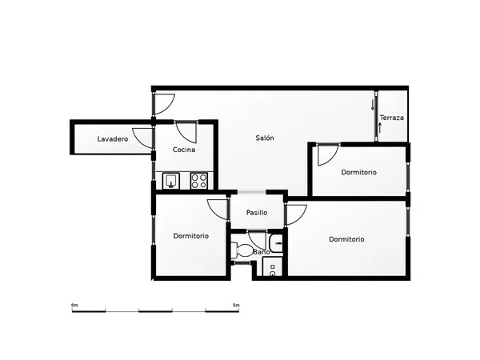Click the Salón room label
(265, 138)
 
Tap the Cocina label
(184, 150)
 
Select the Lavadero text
(113, 139)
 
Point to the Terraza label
(392, 118)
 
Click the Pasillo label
(257, 213)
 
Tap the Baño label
(262, 252)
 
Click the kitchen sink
(171, 181)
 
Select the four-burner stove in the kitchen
(199, 181)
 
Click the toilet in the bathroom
(242, 250)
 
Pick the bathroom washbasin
(276, 243)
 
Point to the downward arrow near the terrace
(373, 105)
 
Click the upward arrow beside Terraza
(380, 128)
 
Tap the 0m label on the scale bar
(74, 306)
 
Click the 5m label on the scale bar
(236, 306)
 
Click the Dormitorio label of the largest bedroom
(346, 239)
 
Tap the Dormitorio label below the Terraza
(358, 172)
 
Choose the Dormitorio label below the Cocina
(191, 236)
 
